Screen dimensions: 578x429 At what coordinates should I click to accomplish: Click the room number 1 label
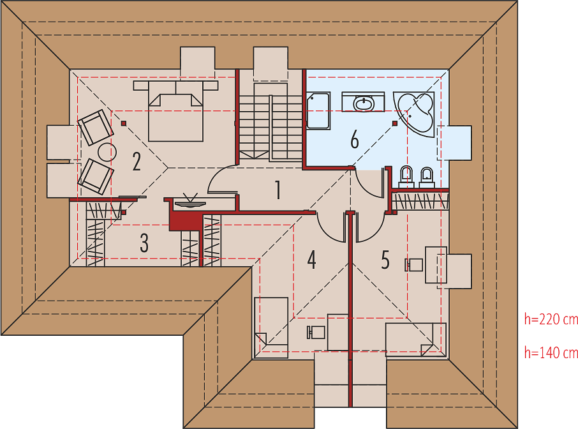[278, 190]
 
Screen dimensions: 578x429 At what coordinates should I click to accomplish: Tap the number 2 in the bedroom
[137, 162]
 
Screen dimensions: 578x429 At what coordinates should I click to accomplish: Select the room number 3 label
[144, 243]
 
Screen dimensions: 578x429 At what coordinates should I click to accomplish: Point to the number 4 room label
[311, 259]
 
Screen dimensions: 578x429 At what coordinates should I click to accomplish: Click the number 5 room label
[385, 259]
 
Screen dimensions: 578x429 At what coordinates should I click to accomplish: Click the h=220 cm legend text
[551, 319]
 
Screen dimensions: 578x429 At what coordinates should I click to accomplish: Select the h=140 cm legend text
[551, 352]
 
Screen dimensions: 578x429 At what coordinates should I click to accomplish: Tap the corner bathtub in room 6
[414, 114]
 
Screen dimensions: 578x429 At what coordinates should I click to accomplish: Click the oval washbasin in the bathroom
[364, 103]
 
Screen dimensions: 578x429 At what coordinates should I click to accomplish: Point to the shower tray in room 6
[318, 110]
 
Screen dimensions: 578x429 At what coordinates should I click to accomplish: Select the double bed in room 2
[175, 111]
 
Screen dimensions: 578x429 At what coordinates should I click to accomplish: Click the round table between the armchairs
[107, 151]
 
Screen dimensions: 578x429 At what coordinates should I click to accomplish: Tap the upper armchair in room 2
[96, 127]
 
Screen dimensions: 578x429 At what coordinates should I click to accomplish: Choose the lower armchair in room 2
[95, 176]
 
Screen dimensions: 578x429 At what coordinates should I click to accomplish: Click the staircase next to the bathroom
[271, 122]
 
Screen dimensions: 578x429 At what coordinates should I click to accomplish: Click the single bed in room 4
[271, 327]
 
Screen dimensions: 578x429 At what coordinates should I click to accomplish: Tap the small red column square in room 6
[395, 123]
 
